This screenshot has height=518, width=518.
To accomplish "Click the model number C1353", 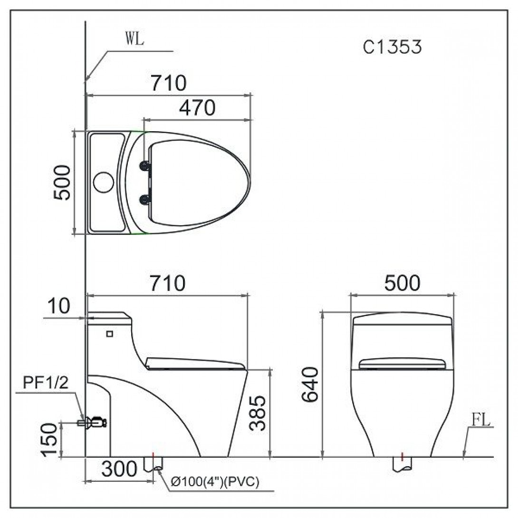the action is point(392,47).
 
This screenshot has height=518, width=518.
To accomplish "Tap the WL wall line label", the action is point(135,38).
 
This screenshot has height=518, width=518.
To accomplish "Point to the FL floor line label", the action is point(481,420).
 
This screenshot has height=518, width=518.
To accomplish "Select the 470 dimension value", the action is point(197,107).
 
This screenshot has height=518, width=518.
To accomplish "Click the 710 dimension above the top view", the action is point(169,83).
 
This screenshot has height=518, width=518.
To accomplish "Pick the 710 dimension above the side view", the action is point(168,283).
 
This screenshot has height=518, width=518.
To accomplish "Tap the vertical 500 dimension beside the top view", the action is point(62,182).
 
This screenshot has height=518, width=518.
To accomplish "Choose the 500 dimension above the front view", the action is point(402,283).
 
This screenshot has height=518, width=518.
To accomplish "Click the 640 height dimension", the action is point(310,384).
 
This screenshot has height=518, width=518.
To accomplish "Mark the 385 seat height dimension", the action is point(258,413).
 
